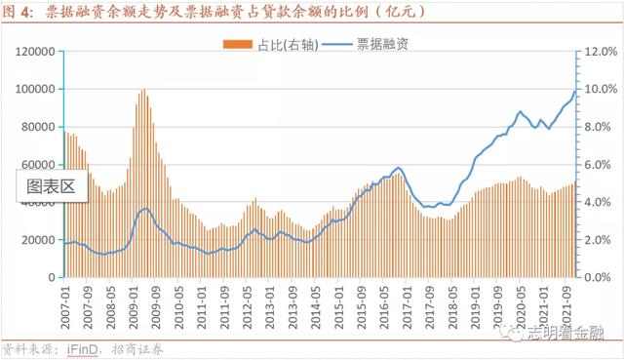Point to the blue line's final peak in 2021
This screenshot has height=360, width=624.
[574, 91]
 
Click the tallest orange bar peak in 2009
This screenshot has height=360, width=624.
[143, 91]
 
